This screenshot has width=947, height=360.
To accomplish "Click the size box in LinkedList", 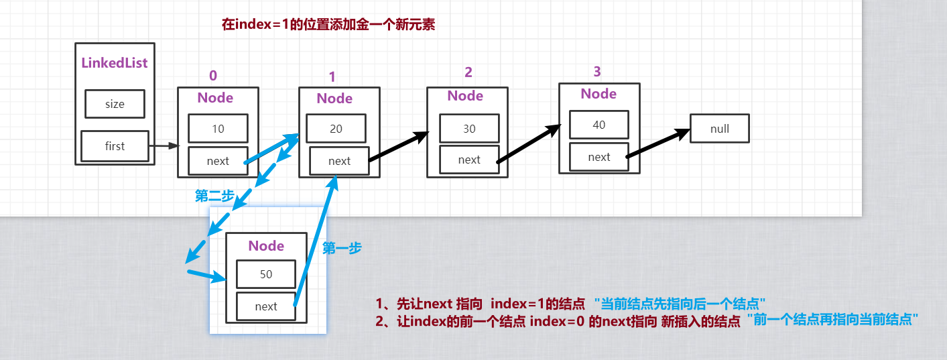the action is point(115,104).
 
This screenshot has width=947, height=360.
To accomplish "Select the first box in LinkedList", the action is point(115,146).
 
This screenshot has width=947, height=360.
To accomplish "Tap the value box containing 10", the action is point(218,128).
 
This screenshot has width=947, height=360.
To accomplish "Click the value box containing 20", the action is point(336,128).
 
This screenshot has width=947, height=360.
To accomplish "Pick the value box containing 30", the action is point(469,128).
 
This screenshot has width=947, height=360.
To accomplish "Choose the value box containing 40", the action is point(599,125).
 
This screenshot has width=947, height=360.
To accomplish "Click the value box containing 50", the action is point(266,274).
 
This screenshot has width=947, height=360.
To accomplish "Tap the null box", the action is point(720,128).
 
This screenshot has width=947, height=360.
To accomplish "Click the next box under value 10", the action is point(218,161).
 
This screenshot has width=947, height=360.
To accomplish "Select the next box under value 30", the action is point(469,160).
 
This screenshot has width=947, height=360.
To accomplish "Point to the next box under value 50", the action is point(266,306).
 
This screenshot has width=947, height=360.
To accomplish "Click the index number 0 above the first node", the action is point(213,75).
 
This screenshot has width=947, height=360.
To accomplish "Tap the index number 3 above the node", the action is point(597,72).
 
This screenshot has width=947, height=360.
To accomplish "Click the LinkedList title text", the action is point(114,62).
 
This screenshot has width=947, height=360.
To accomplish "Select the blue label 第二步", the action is point(214,196).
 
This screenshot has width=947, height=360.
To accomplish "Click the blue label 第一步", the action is point(342,247).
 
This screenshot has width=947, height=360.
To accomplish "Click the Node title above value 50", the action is point(266,246).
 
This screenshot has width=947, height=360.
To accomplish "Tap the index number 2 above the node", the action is point(468,72).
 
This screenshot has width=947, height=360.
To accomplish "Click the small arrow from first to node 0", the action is point(164,146).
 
